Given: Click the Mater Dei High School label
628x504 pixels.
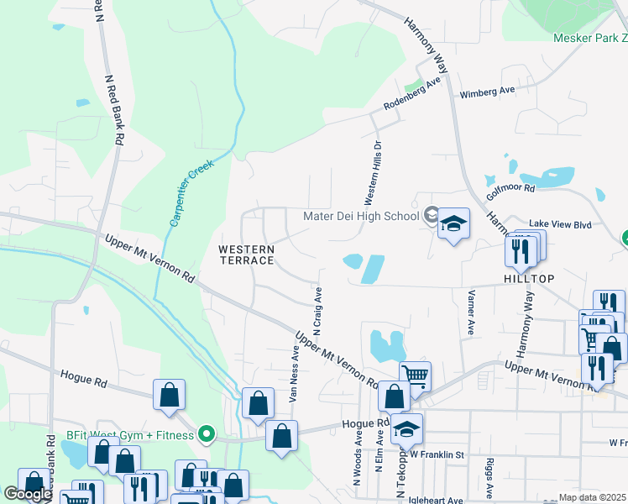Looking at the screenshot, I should coord(360,216).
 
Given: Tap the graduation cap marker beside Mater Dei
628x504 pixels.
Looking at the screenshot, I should coord(453,224).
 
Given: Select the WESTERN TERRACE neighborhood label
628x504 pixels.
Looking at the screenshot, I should coord(246,255).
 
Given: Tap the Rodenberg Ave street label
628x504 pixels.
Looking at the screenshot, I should coord(411,94).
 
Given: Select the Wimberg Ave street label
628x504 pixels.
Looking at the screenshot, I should coord(486,91).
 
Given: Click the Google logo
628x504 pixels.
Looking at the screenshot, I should coord(28,495).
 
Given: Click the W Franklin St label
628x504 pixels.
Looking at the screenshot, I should coord(437,454).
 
